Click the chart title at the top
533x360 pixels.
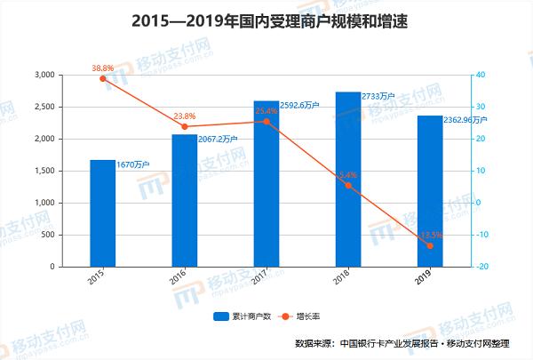point(266,19)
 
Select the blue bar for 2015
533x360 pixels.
point(103,213)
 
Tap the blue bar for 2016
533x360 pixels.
point(185,201)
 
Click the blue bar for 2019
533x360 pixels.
point(430,191)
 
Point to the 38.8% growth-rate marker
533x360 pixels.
point(103,78)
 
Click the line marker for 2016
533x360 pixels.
point(185,126)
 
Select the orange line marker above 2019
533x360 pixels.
point(430,245)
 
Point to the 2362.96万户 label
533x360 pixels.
point(465,118)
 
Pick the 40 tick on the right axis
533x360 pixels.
point(480,76)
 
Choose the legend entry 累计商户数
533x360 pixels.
point(237,316)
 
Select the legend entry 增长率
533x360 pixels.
point(303,316)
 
